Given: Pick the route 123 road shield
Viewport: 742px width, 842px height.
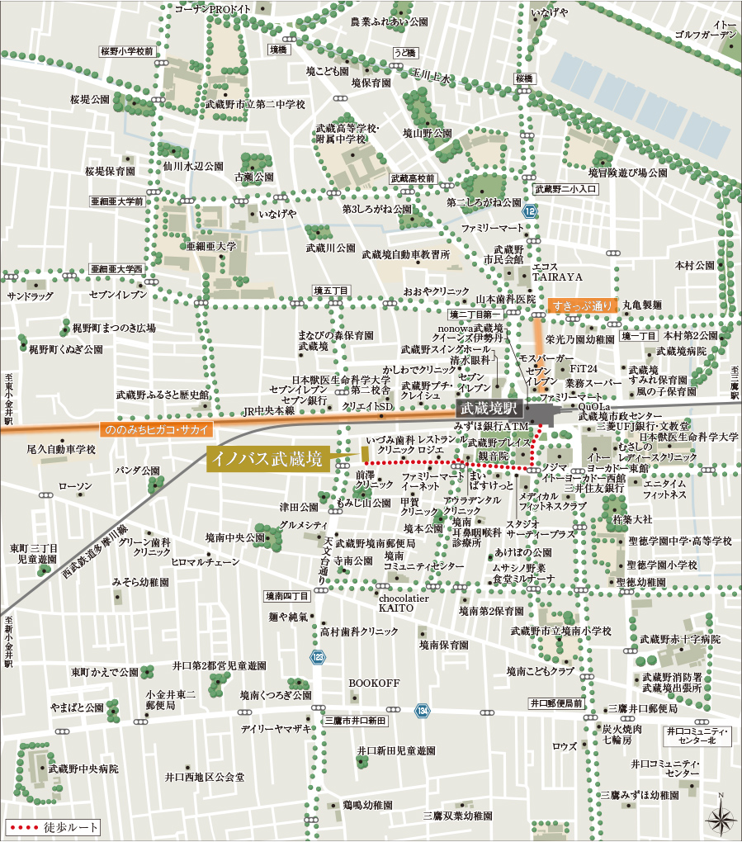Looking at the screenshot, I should point(319,657).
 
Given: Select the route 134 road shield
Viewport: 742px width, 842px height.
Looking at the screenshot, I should point(423,710).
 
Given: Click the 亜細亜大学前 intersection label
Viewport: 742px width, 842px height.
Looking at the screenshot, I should point(117,201).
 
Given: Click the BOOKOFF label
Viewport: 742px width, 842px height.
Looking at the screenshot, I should point(374,684).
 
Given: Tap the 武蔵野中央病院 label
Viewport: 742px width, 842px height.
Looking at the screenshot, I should point(83,769).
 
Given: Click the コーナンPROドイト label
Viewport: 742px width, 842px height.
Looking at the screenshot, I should point(213,8).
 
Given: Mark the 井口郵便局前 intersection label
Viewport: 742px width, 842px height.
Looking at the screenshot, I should point(556,703).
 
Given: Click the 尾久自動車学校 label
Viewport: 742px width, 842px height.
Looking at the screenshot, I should point(61,450).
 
